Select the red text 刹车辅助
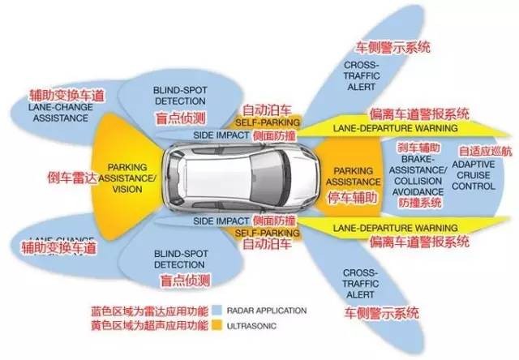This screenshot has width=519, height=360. (419, 148)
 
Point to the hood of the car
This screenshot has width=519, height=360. (294, 174)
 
